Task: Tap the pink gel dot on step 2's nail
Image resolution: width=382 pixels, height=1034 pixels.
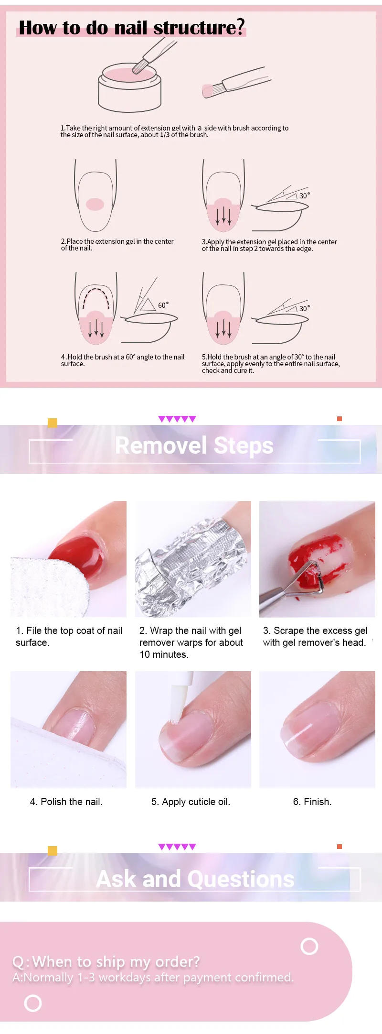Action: pos(95,204)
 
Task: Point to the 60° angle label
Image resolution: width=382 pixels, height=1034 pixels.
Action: pos(163,305)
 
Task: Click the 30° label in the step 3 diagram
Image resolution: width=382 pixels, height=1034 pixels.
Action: pos(304,196)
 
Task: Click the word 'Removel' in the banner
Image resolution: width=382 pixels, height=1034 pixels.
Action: pos(161,446)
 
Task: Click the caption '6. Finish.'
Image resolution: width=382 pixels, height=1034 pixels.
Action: pos(312,802)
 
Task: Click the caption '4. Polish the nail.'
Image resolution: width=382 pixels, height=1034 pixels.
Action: pos(66,802)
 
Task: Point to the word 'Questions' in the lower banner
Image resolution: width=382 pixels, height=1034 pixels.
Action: pos(241,879)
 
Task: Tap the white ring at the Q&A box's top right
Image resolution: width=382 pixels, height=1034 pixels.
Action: pos(309,946)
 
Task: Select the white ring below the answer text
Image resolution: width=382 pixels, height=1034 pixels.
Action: pos(33,1003)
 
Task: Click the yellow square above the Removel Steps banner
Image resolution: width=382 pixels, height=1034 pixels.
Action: pos(53,423)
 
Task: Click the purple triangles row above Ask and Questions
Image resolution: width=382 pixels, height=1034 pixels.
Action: pos(177,847)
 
